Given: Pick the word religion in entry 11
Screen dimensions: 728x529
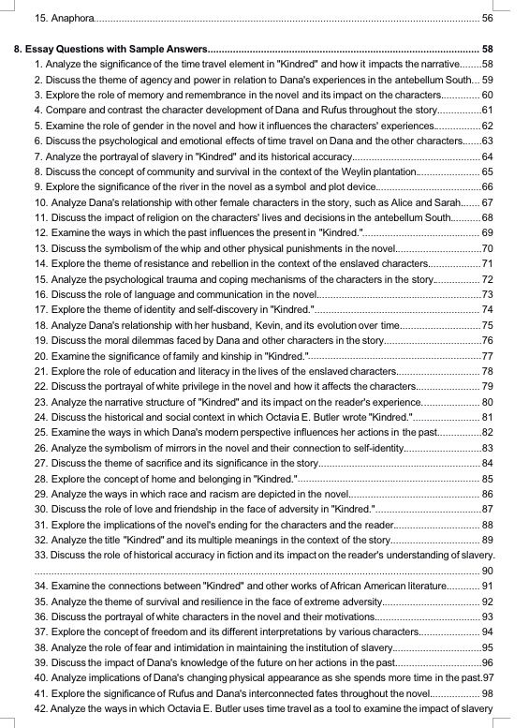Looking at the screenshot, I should pyautogui.click(x=154, y=217).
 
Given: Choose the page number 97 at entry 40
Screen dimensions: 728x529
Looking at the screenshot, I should pyautogui.click(x=488, y=676).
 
